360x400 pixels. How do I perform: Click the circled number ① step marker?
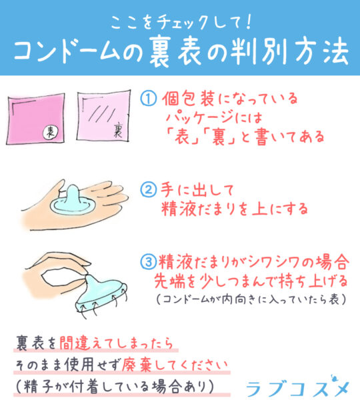tap(149, 99)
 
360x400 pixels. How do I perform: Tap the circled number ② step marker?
tap(149, 189)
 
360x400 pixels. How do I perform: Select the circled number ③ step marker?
tap(149, 261)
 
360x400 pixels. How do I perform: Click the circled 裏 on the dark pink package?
tap(50, 132)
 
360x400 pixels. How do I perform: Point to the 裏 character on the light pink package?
tap(118, 129)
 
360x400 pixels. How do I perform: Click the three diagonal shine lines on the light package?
tap(102, 113)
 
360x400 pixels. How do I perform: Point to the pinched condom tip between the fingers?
tap(88, 277)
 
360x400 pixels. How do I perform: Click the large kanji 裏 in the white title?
tap(160, 52)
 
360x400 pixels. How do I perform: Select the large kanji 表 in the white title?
tap(189, 52)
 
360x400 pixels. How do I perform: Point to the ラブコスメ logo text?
tap(297, 387)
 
